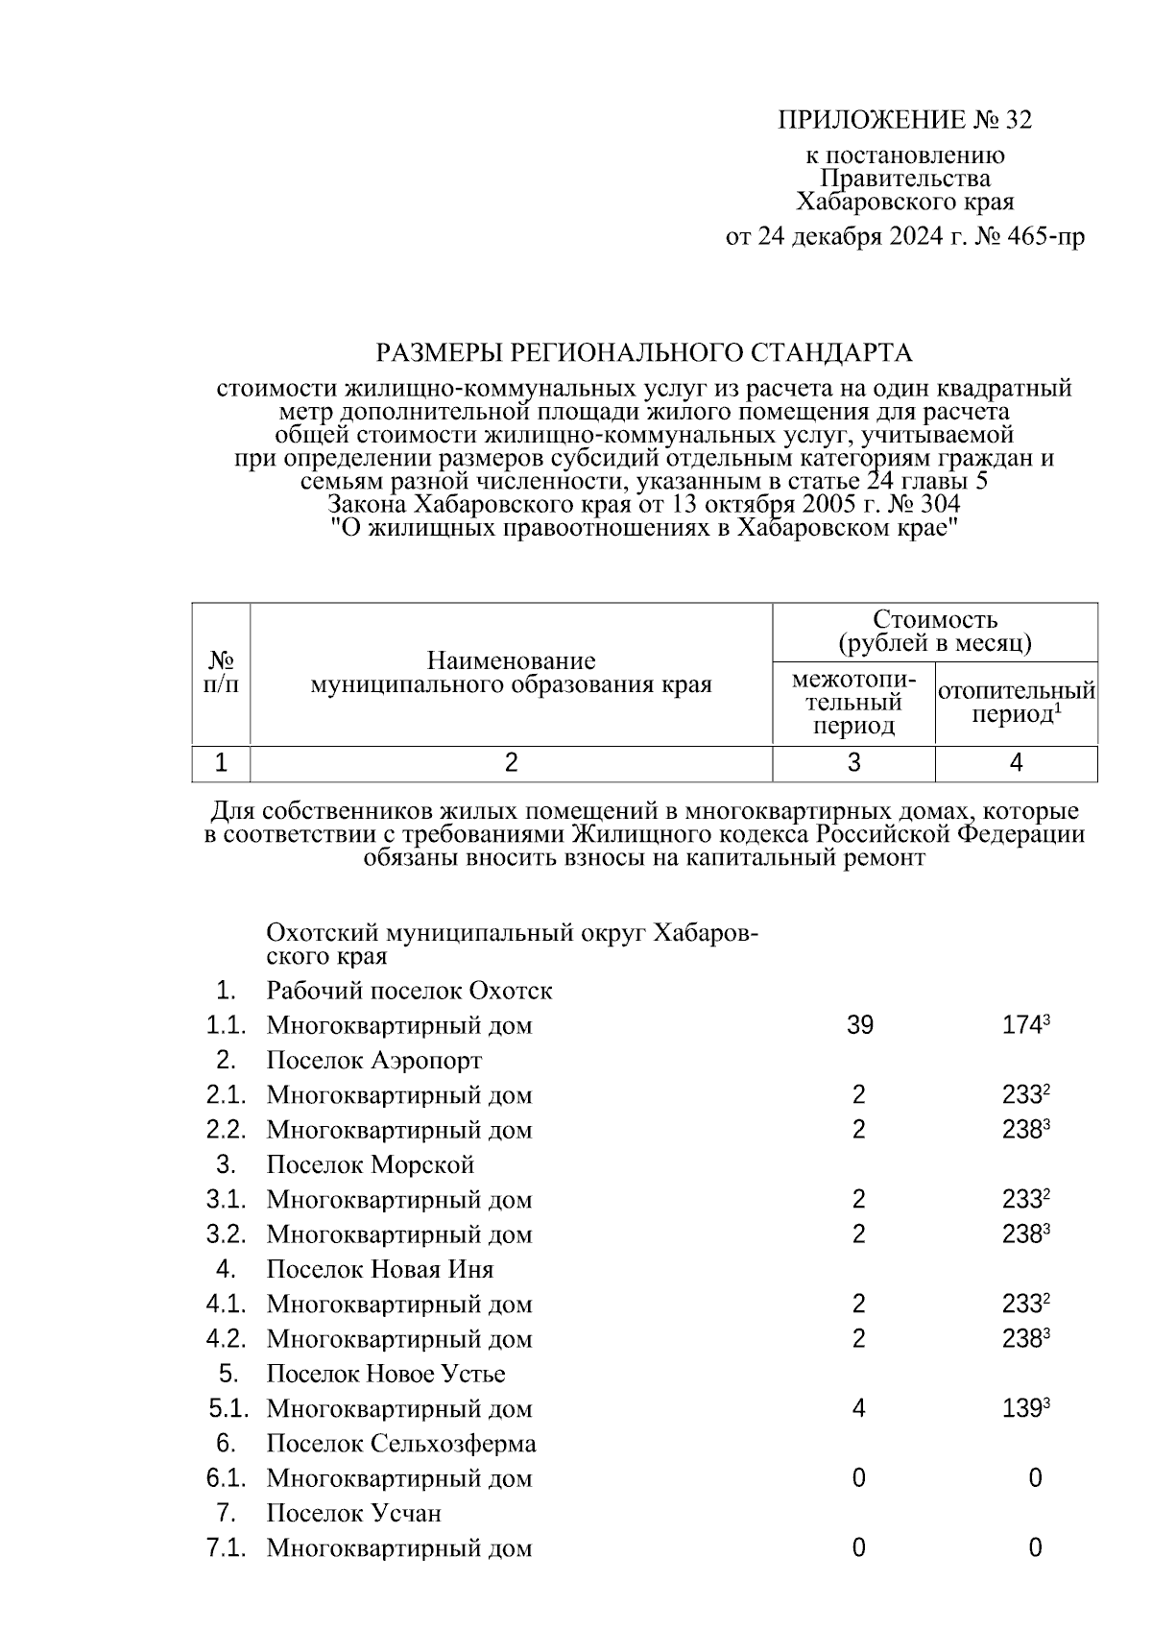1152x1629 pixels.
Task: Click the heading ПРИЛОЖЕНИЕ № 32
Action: tap(903, 120)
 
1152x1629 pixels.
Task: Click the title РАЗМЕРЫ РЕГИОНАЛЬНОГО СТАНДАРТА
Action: tap(643, 353)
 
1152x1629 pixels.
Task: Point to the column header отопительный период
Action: tap(1016, 703)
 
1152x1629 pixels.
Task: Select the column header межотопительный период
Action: tap(853, 703)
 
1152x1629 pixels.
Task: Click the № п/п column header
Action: tap(222, 673)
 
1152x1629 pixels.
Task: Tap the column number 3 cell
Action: tap(853, 763)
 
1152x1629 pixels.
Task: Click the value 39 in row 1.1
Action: tap(859, 1025)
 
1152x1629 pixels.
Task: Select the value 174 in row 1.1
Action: tap(1021, 1025)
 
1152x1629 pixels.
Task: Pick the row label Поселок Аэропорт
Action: tap(373, 1061)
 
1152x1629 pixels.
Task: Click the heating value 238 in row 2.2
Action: tap(1021, 1130)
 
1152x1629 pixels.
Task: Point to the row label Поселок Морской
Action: tap(371, 1165)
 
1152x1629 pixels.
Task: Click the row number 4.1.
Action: tap(227, 1305)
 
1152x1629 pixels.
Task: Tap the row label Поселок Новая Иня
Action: tap(379, 1270)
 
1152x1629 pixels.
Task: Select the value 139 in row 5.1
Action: tap(1021, 1409)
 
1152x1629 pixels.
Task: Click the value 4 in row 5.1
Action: tap(858, 1409)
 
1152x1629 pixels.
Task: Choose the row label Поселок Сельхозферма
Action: tap(401, 1444)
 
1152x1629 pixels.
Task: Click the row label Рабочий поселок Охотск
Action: tap(409, 991)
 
